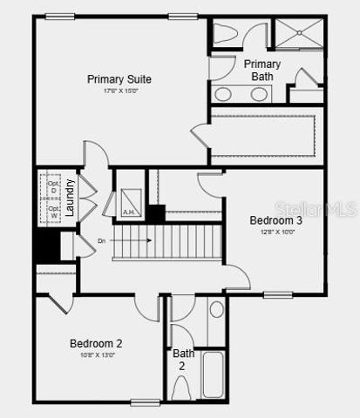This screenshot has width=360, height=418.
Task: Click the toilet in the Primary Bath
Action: tap(225, 33)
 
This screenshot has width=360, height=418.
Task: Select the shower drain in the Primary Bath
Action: tap(299, 33)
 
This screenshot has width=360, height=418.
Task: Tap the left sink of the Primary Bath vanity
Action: tap(223, 94)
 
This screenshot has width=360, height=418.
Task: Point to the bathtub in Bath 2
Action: tap(214, 374)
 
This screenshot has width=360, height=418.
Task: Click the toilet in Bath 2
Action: tap(180, 388)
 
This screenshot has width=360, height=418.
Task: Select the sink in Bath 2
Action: tap(217, 309)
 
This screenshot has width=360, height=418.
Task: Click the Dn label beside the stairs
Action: tap(102, 240)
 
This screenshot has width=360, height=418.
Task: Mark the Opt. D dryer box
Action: tap(52, 189)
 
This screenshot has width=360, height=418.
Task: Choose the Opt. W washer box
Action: tap(52, 212)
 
